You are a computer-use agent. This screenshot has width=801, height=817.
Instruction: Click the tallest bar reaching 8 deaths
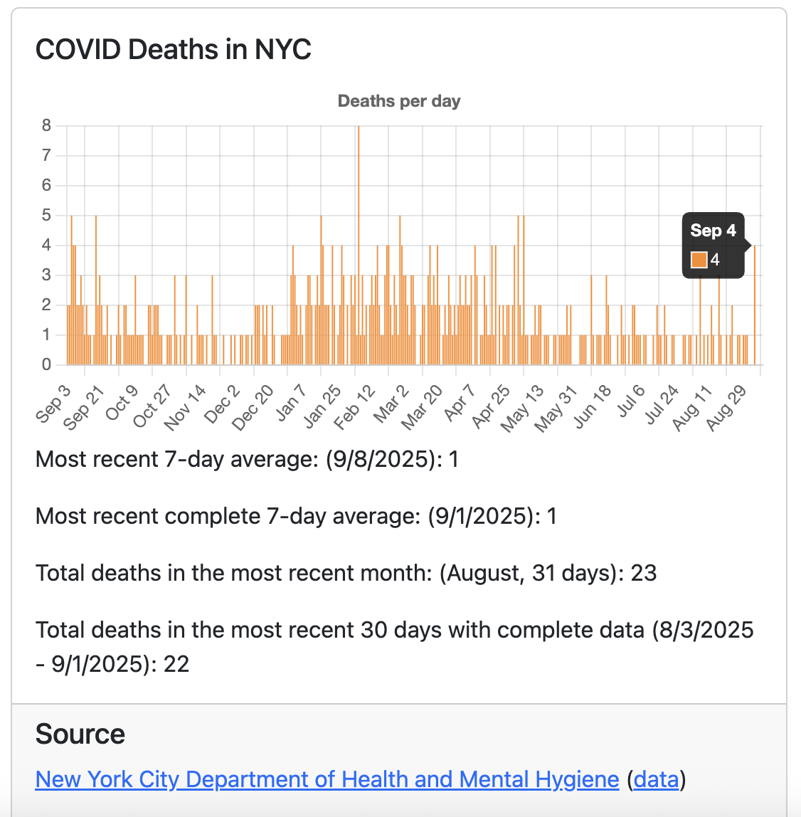tap(359, 242)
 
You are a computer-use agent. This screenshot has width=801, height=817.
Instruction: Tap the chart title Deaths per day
tap(399, 101)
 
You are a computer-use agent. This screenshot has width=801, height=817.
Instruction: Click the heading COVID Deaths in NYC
tap(174, 50)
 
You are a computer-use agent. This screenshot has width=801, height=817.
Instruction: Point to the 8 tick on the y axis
tap(47, 126)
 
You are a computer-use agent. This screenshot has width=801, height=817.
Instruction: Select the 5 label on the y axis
tap(47, 215)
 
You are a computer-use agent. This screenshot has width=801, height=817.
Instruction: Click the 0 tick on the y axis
tap(47, 365)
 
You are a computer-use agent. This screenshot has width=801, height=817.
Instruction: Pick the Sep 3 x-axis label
tap(53, 404)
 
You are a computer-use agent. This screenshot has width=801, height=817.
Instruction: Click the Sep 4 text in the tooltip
tap(713, 231)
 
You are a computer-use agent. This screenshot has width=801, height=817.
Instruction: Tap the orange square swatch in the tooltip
tap(699, 260)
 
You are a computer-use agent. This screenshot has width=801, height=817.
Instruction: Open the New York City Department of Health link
tap(327, 779)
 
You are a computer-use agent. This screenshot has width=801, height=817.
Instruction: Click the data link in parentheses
tap(656, 779)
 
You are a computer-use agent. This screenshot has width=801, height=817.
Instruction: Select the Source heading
tap(80, 734)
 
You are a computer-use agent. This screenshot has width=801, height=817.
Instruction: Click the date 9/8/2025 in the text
tap(381, 459)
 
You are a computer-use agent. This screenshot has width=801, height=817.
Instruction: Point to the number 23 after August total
tap(643, 573)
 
